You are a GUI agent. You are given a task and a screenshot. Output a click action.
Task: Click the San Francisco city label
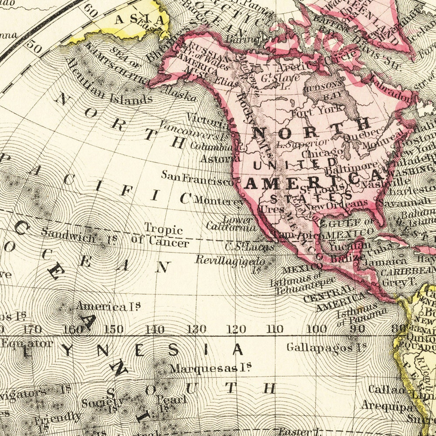click(x=197, y=177)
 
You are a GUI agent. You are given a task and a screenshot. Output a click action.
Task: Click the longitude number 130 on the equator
click(x=196, y=329)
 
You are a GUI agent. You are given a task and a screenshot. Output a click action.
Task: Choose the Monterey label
click(x=219, y=201)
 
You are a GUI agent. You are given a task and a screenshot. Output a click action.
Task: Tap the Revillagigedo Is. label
click(x=230, y=262)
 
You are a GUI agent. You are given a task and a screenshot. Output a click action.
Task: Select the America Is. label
click(x=107, y=306)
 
